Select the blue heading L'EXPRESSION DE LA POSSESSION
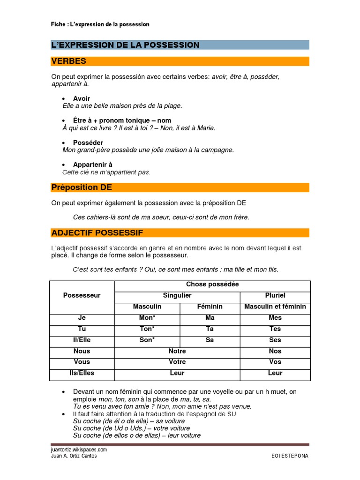click(125, 45)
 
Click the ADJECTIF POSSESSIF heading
click(97, 233)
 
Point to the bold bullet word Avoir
click(82, 98)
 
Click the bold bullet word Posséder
click(88, 142)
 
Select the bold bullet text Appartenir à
click(93, 165)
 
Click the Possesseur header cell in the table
click(82, 295)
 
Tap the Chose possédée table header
click(212, 285)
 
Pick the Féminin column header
click(210, 307)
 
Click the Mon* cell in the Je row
click(147, 317)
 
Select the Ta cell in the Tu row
click(210, 329)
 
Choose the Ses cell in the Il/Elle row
click(275, 340)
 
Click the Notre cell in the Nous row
click(177, 351)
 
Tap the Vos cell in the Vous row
click(275, 362)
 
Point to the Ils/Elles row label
click(82, 373)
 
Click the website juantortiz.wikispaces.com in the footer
click(79, 449)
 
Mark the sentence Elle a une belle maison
click(122, 106)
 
